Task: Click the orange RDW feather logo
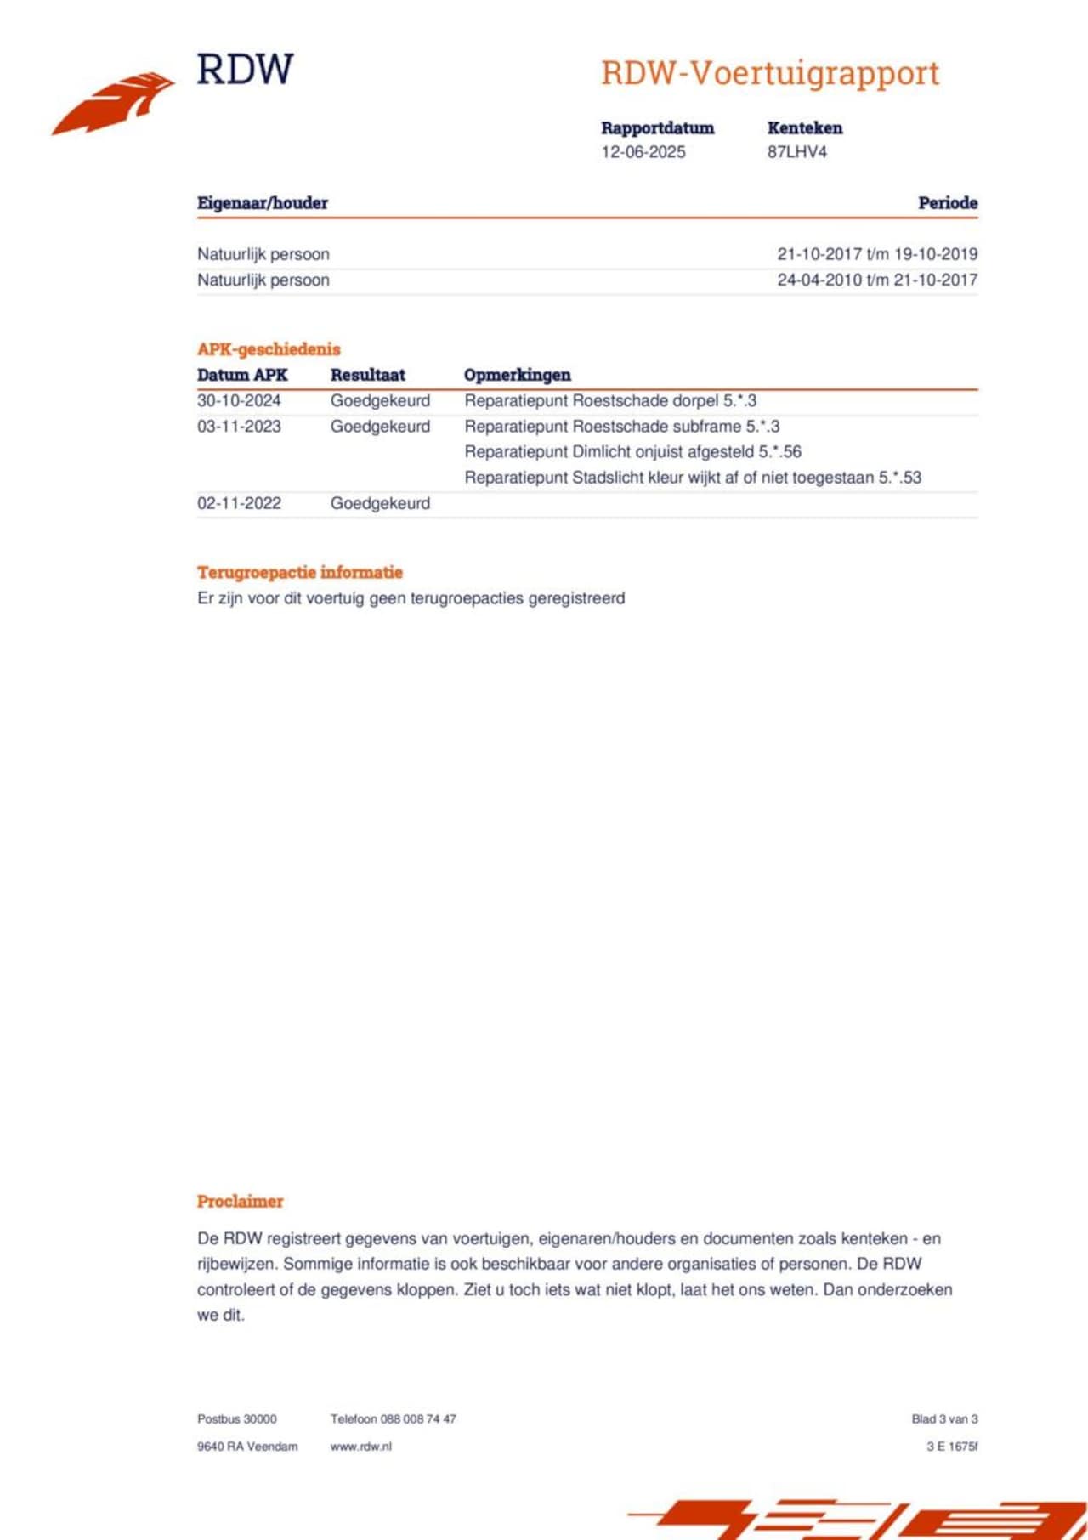(x=115, y=103)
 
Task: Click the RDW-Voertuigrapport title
(x=770, y=73)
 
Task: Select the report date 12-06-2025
(x=643, y=152)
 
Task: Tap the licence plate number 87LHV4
(x=796, y=152)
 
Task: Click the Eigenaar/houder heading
(x=263, y=203)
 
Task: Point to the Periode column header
(x=947, y=203)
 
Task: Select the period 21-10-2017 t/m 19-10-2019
(x=876, y=254)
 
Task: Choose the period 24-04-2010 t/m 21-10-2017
(x=876, y=280)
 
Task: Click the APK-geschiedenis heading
(x=269, y=349)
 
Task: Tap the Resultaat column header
(x=368, y=375)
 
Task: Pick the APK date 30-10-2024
(x=239, y=400)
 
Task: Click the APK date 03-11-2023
(x=239, y=427)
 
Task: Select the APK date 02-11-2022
(x=239, y=503)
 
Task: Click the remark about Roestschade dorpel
(x=610, y=400)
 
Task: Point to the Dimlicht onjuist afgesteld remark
(x=632, y=452)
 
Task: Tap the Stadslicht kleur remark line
(x=692, y=478)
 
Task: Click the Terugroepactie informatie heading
(x=300, y=572)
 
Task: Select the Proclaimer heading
(x=240, y=1202)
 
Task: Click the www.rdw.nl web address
(x=361, y=1447)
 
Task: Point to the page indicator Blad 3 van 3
(x=944, y=1419)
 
